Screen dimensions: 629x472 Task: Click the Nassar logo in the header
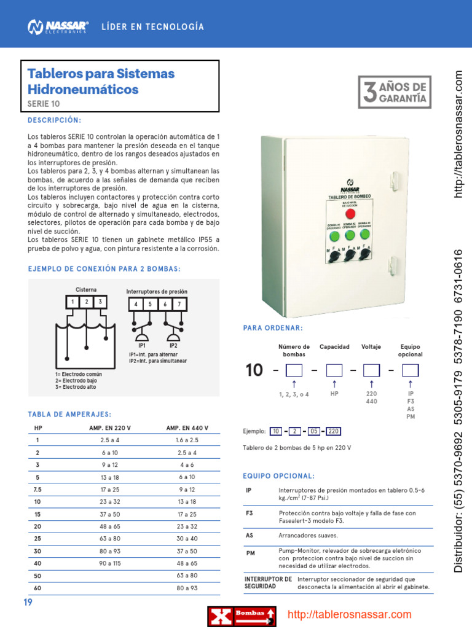pos(58,26)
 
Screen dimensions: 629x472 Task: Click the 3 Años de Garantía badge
pos(393,92)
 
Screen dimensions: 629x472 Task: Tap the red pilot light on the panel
pos(350,214)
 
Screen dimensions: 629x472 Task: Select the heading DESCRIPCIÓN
pos(55,120)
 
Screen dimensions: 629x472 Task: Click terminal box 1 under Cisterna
pos(73,302)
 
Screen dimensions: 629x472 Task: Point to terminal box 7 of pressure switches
pos(179,304)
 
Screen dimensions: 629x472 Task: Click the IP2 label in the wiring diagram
pos(173,345)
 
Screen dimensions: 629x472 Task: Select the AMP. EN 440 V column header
pos(187,428)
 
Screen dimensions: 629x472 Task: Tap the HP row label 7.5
pos(37,490)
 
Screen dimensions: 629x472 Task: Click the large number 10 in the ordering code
pos(254,370)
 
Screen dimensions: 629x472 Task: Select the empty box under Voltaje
pos(371,370)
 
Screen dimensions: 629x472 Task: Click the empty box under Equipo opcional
pos(410,370)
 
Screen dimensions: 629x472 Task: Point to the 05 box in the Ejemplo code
pos(314,431)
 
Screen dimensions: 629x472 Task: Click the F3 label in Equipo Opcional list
pos(250,513)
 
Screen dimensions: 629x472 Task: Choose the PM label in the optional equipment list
pos(250,553)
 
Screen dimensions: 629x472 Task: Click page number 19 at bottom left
pos(28,603)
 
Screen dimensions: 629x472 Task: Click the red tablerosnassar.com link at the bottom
pos(350,615)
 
